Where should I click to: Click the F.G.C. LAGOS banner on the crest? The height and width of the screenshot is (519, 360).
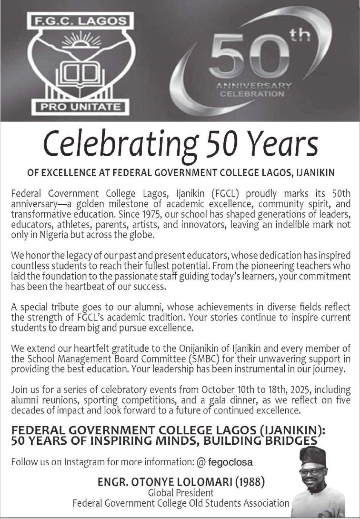(x=80, y=21)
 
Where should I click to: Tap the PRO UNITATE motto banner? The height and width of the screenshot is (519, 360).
(x=80, y=107)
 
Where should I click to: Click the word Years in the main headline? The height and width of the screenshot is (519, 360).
(x=281, y=142)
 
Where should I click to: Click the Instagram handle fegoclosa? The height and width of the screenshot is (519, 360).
(x=230, y=462)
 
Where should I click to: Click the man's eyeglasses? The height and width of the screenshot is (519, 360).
(x=313, y=472)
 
